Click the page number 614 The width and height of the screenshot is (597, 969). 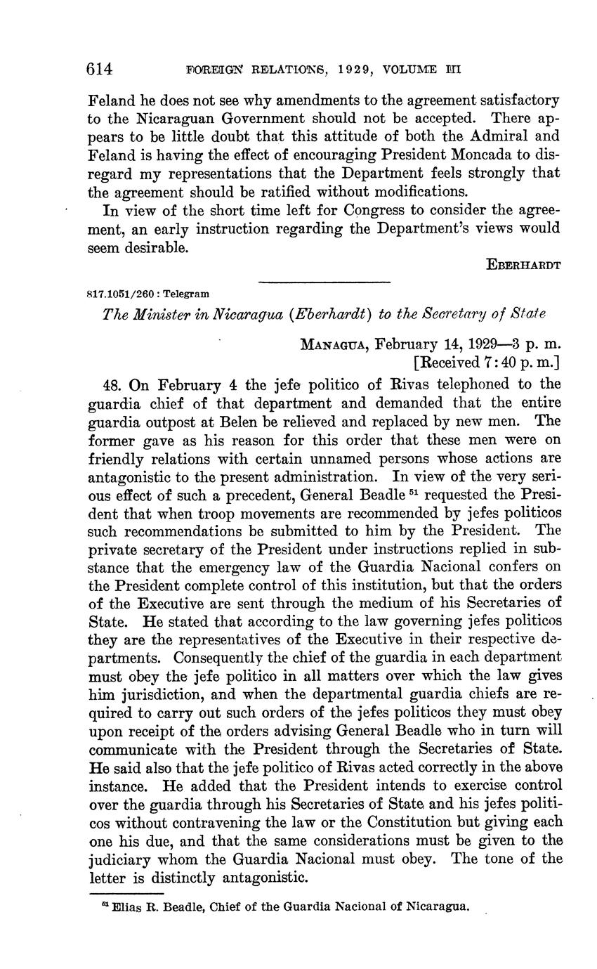pyautogui.click(x=100, y=69)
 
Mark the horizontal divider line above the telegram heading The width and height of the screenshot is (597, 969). pyautogui.click(x=324, y=282)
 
